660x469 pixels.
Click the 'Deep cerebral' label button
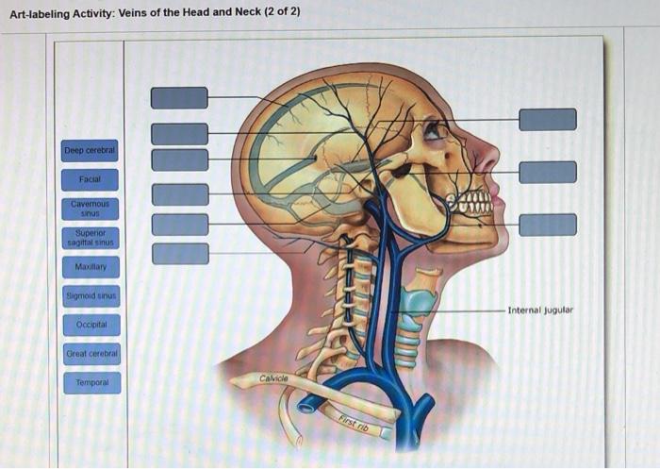(90, 150)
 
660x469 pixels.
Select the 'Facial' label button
(90, 178)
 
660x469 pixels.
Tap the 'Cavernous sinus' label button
(90, 207)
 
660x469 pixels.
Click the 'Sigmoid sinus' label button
(90, 296)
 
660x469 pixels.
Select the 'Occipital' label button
(90, 325)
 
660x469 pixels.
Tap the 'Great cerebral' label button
(90, 354)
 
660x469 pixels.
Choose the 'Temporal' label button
(90, 383)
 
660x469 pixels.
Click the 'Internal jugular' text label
(539, 310)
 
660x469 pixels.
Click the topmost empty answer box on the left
(179, 98)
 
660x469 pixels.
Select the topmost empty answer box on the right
(547, 119)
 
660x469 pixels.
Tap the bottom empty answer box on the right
(547, 224)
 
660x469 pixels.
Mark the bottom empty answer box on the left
(179, 253)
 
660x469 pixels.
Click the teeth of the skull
(470, 202)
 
